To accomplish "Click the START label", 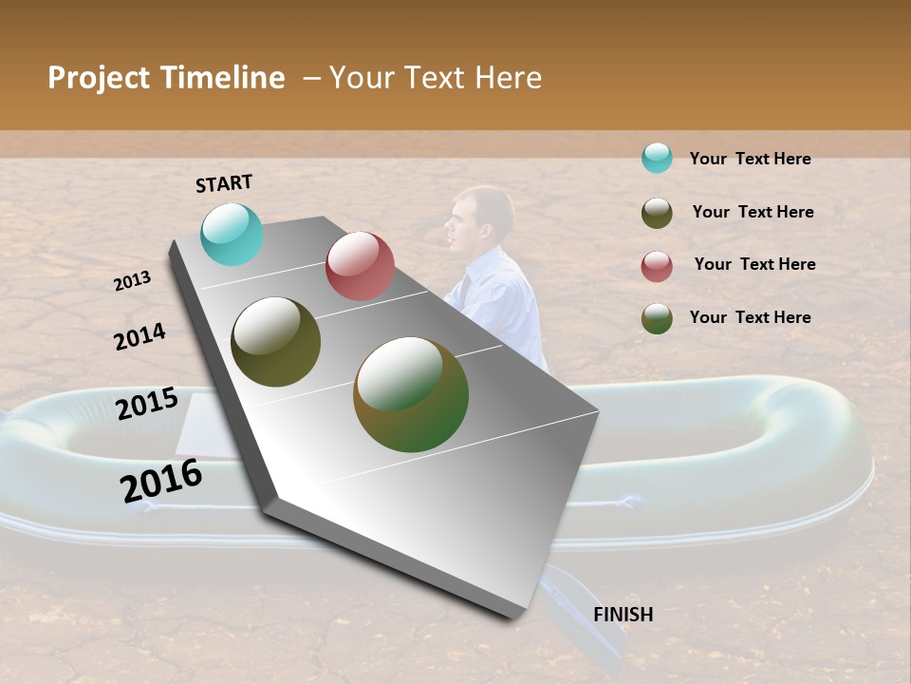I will [x=224, y=183].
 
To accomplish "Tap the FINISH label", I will [x=623, y=615].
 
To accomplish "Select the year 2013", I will [x=132, y=280].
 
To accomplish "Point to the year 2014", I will [x=139, y=336].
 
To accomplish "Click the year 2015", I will [x=147, y=404].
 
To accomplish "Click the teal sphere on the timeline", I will [x=232, y=234].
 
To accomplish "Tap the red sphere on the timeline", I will [x=360, y=266].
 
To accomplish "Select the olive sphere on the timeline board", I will [x=276, y=342].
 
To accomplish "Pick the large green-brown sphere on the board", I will [x=411, y=394].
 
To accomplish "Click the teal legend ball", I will [x=657, y=158].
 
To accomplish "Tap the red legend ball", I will [x=657, y=266].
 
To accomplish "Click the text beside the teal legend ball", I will [x=750, y=159].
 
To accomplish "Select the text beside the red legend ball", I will [x=754, y=264].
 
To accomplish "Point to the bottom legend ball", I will [x=657, y=318].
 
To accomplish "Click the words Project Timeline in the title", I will [x=166, y=78].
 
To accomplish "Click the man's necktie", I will [x=466, y=287].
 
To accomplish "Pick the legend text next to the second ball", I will [x=753, y=212].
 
